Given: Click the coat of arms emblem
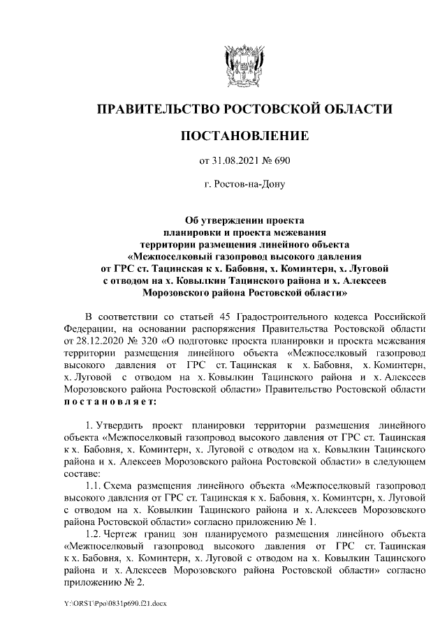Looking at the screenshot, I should [244, 63].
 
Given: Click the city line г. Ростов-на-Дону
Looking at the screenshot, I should [244, 185].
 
